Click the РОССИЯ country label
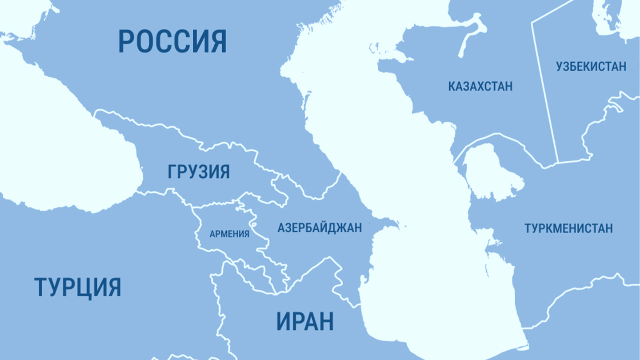tap(172, 41)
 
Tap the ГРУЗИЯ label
tap(199, 172)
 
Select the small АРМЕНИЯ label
tap(229, 234)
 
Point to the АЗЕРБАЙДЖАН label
tap(320, 228)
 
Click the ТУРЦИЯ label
tap(78, 287)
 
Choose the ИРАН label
tap(305, 321)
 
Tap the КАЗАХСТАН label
tap(480, 86)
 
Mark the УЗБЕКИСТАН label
tap(591, 67)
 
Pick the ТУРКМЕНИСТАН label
tap(568, 228)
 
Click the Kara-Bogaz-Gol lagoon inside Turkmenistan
tap(491, 173)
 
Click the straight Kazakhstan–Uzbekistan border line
tap(545, 84)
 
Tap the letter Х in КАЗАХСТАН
tap(480, 86)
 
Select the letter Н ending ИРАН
tap(326, 321)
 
